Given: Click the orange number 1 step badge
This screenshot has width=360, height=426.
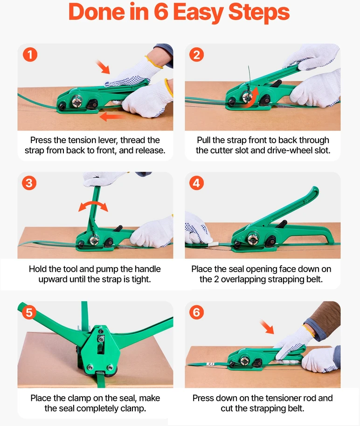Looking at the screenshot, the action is click(30, 55).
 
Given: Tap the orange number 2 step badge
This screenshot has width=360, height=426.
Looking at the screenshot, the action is click(196, 55).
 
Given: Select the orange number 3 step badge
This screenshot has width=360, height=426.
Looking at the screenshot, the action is click(29, 183).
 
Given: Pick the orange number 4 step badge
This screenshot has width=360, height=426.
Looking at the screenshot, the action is click(196, 183).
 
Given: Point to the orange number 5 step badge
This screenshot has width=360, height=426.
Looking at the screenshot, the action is click(29, 312).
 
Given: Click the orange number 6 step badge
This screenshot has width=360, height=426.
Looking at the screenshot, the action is click(196, 312).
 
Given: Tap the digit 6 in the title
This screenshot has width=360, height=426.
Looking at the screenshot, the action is click(161, 12).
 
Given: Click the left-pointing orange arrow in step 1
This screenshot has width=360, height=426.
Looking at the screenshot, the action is click(112, 117).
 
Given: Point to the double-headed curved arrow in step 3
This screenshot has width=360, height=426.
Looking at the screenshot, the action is click(93, 205).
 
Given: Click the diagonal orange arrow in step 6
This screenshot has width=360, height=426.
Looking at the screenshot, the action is click(267, 327).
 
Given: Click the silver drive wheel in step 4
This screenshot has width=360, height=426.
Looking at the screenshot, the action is click(253, 239).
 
